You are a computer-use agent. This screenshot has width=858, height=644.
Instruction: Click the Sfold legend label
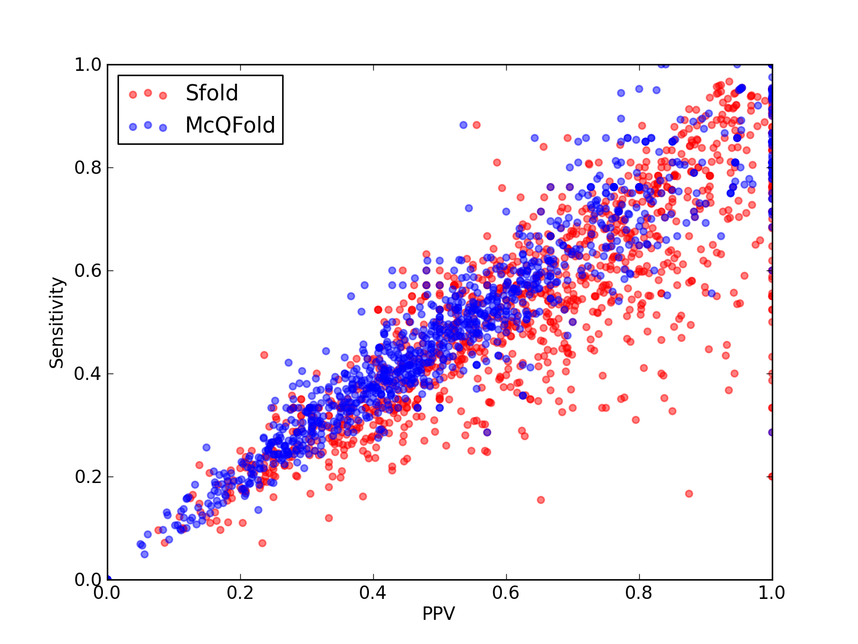click(x=211, y=93)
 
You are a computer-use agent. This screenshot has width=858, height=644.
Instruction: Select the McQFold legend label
click(x=230, y=125)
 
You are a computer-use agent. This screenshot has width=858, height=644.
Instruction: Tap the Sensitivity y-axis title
click(x=57, y=323)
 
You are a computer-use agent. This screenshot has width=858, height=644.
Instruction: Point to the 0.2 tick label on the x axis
click(x=240, y=593)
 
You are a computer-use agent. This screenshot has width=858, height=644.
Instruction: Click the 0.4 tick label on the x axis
click(x=373, y=593)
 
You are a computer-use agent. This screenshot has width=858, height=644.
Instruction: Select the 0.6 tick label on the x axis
click(x=506, y=593)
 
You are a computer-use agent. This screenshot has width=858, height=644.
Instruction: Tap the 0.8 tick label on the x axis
click(x=639, y=593)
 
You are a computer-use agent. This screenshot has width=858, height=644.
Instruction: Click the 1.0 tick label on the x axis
click(x=772, y=593)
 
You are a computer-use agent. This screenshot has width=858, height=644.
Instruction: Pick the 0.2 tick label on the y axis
click(x=88, y=477)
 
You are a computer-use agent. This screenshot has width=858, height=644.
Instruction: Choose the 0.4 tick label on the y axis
click(x=88, y=374)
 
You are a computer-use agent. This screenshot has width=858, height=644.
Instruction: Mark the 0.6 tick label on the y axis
click(x=88, y=270)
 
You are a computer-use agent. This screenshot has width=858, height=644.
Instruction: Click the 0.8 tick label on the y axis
click(x=88, y=168)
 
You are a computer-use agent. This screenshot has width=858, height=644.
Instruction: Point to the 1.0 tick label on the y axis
click(x=88, y=64)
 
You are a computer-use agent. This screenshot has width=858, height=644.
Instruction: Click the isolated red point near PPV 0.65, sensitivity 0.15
click(x=541, y=500)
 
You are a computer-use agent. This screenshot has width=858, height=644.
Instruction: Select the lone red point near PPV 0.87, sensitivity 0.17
click(x=689, y=494)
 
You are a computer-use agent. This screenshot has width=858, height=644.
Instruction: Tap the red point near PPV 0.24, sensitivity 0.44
click(x=264, y=355)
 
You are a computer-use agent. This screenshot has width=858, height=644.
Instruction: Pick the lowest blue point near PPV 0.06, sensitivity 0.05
click(x=145, y=554)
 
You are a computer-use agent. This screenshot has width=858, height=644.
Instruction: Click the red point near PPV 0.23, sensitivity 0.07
click(x=262, y=543)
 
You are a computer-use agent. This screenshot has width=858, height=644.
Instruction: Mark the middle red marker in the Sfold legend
click(x=148, y=93)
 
